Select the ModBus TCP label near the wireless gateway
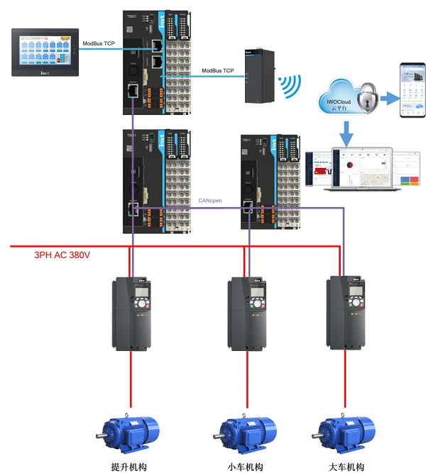(218, 70)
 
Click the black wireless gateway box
(253, 77)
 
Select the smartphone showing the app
(410, 88)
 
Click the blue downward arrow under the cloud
(346, 132)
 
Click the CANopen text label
(210, 201)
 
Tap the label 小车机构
(246, 467)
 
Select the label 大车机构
(346, 467)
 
